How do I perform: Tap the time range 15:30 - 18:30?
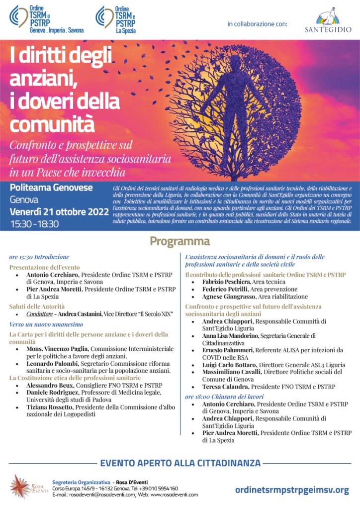tap(34, 224)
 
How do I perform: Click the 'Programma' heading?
tap(180, 242)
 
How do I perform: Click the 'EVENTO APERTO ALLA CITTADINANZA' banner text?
tap(180, 463)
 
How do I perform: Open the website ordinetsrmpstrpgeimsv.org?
tap(291, 490)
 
